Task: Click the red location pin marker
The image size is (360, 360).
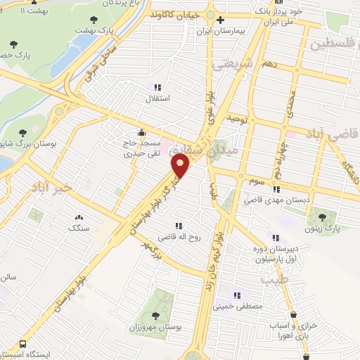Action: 181,165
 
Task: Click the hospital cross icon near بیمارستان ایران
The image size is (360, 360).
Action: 221,20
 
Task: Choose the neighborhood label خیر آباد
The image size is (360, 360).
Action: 51,186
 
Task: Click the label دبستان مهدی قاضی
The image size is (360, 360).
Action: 277,200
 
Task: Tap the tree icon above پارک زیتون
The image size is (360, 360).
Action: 323,217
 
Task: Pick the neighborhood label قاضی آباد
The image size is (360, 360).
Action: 332,134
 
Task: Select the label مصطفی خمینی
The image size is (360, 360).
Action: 243,306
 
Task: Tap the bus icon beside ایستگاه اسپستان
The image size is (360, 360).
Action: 23,345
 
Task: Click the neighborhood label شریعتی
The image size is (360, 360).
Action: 230,64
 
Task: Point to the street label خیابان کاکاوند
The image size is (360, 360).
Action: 175,14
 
